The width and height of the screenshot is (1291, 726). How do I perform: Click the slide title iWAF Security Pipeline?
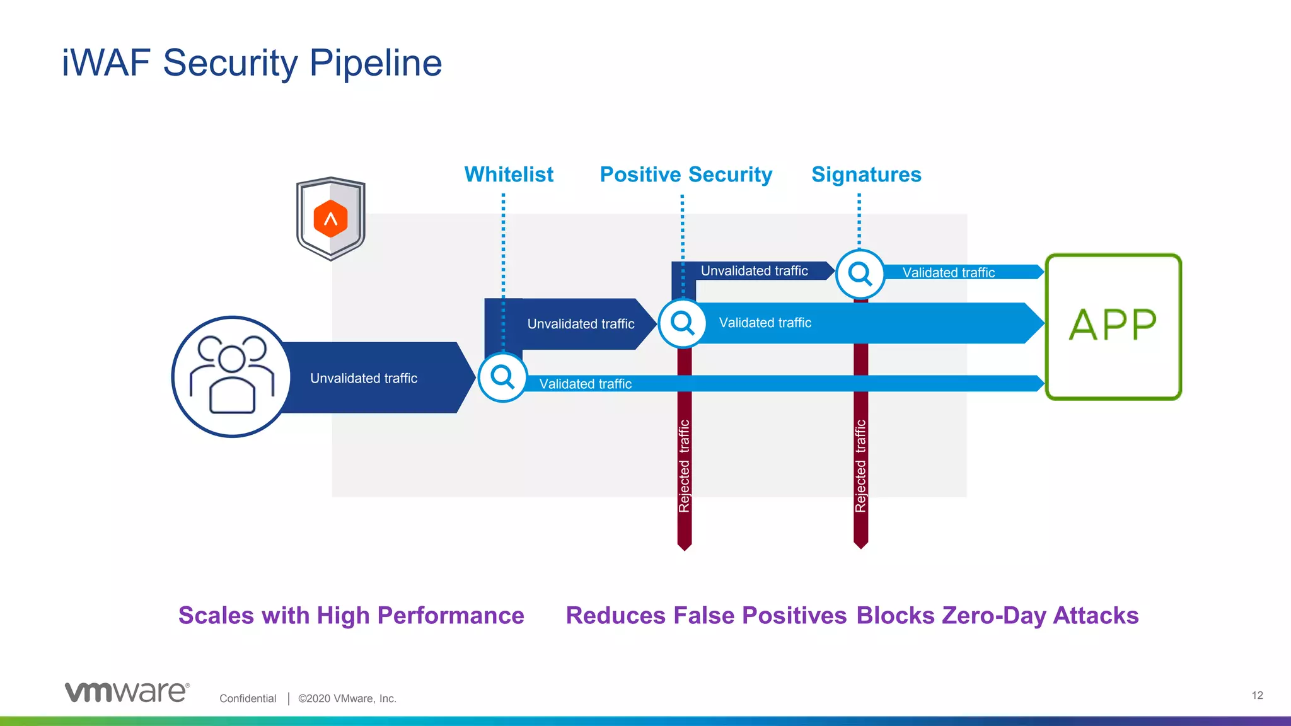[252, 63]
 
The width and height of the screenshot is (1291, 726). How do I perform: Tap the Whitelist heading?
[509, 175]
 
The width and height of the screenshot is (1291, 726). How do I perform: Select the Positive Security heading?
[686, 175]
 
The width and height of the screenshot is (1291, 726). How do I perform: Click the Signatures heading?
[866, 175]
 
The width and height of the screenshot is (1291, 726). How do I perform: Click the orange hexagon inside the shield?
[330, 219]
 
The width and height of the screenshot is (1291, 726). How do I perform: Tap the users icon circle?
[232, 377]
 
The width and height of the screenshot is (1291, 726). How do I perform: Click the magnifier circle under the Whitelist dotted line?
[502, 377]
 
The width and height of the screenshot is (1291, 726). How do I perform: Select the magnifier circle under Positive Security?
[682, 323]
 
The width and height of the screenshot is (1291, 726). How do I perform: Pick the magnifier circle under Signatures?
[860, 274]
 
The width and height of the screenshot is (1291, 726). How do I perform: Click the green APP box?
[1113, 326]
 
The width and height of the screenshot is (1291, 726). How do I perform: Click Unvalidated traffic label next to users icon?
[364, 378]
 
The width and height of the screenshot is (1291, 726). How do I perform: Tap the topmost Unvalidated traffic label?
[754, 271]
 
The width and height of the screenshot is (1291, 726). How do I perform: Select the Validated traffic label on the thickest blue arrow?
[765, 323]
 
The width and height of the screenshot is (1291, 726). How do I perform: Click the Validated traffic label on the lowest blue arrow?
[585, 384]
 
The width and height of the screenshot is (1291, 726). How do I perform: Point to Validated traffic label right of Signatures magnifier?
[948, 273]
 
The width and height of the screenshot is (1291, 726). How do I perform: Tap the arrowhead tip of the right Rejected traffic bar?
[860, 545]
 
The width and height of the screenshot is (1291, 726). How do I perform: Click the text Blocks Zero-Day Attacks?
[997, 616]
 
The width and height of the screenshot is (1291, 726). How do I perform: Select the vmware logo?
[127, 692]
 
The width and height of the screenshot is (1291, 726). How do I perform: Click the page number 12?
[1257, 695]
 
